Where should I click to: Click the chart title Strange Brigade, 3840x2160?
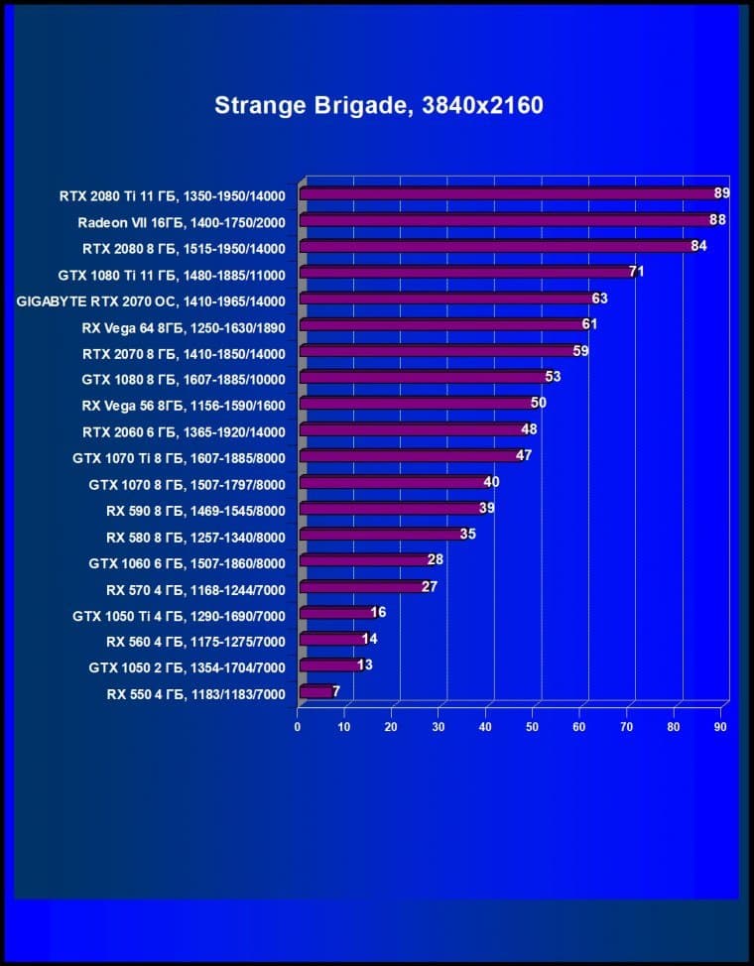pyautogui.click(x=379, y=105)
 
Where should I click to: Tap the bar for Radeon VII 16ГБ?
pyautogui.click(x=504, y=220)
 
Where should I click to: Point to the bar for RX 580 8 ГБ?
pyautogui.click(x=380, y=535)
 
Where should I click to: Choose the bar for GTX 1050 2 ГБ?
pyautogui.click(x=328, y=665)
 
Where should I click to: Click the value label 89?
pyautogui.click(x=722, y=193)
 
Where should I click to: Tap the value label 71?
pyautogui.click(x=637, y=272)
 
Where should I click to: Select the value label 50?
pyautogui.click(x=539, y=403)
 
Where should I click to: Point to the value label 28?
pyautogui.click(x=435, y=559)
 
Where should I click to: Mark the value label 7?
pyautogui.click(x=336, y=691)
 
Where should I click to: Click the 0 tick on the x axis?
pyautogui.click(x=298, y=727)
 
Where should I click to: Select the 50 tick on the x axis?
pyautogui.click(x=533, y=727)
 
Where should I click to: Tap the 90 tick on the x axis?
pyautogui.click(x=720, y=727)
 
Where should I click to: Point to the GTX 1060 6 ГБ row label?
pyautogui.click(x=187, y=563)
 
